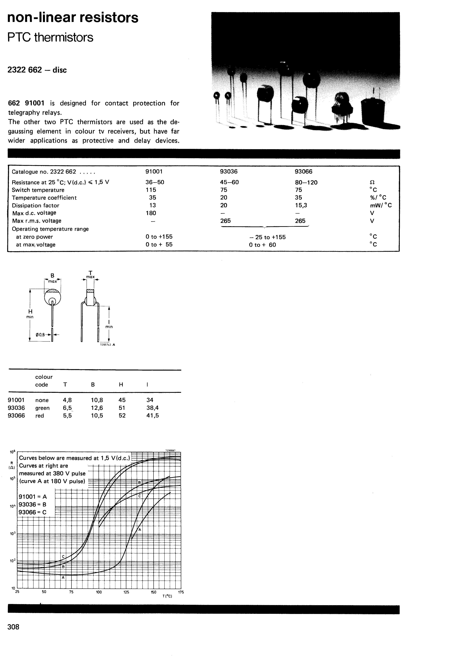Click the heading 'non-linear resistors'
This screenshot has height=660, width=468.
click(x=73, y=18)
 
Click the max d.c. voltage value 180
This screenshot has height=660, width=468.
click(x=151, y=213)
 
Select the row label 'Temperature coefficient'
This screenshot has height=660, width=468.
click(x=44, y=198)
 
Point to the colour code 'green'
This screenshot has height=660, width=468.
click(x=42, y=408)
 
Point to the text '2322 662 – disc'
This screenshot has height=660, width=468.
click(x=37, y=70)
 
